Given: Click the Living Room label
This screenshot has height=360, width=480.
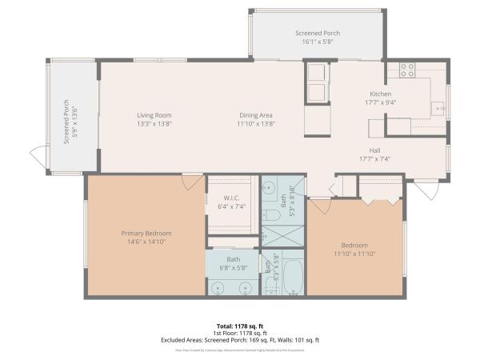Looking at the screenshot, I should pyautogui.click(x=154, y=115).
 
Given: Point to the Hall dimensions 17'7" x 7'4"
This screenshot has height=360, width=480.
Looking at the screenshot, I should pyautogui.click(x=374, y=158).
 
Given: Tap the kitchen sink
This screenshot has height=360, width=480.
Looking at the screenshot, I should pyautogui.click(x=438, y=108).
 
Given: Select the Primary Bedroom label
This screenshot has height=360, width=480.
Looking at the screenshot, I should pyautogui.click(x=146, y=233).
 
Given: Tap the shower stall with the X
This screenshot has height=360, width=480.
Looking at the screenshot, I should pyautogui.click(x=282, y=235).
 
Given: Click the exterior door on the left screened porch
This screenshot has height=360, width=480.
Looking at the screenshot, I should pyautogui.click(x=38, y=156).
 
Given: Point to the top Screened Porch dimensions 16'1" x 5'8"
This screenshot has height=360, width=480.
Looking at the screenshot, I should pyautogui.click(x=318, y=42).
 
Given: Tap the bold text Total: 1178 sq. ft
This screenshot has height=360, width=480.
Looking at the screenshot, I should pyautogui.click(x=239, y=326).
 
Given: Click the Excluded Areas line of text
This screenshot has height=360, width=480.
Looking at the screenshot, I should pyautogui.click(x=239, y=340).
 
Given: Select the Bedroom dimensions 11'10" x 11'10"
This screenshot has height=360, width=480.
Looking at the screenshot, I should pyautogui.click(x=354, y=254).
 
